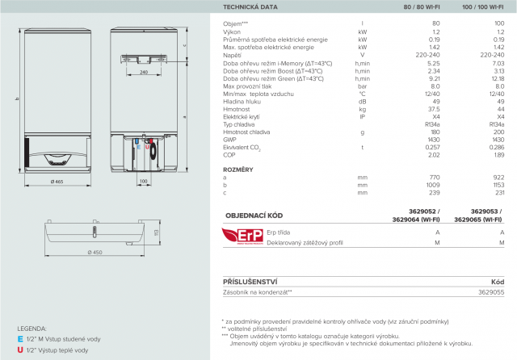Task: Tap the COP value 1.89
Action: pos(498,155)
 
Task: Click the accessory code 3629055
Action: pos(491,291)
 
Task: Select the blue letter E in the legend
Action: pos(19,340)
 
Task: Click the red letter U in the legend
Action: pos(19,350)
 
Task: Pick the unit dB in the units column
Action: pos(363,102)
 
